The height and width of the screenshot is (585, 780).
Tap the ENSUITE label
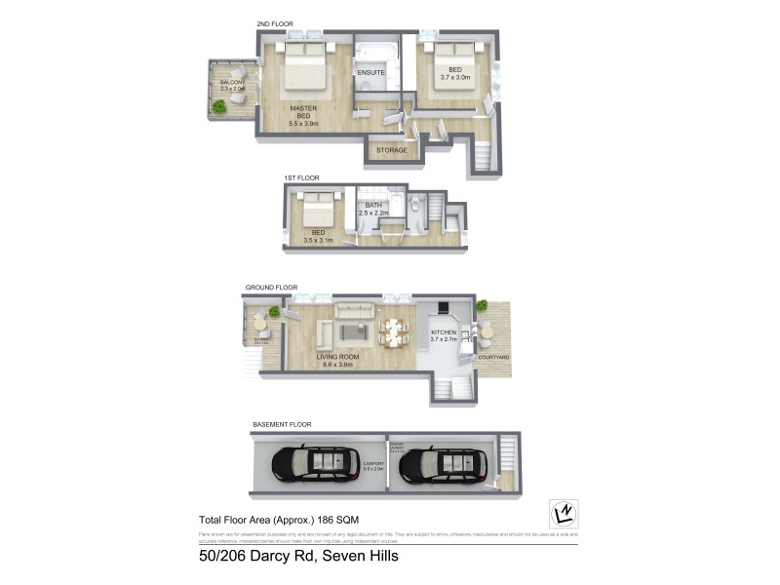[371, 72]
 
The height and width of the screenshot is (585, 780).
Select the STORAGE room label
[391, 150]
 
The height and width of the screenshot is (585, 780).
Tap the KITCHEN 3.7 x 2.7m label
[444, 337]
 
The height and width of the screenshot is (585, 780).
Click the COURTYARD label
[493, 358]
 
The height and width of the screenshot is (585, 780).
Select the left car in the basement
[314, 463]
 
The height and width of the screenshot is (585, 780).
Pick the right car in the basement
[443, 464]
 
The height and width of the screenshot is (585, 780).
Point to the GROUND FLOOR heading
[271, 288]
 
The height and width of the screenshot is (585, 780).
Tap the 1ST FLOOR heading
[301, 177]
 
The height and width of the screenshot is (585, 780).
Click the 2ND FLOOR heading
[274, 23]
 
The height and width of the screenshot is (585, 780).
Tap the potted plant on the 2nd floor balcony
[219, 106]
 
